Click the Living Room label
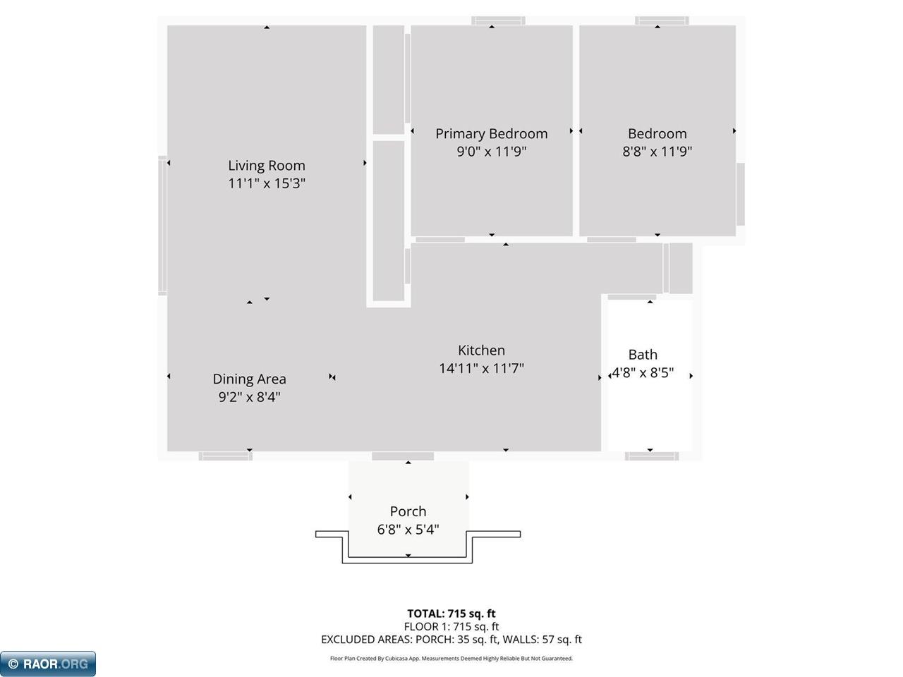click(x=266, y=166)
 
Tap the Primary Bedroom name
click(x=491, y=134)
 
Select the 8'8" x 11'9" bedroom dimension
click(x=657, y=152)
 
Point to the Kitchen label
click(x=481, y=350)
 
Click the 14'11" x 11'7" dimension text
click(x=481, y=368)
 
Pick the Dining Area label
click(x=249, y=379)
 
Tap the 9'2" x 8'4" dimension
click(x=249, y=397)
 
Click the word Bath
click(x=643, y=355)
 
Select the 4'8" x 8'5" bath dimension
click(x=643, y=373)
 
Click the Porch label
click(x=408, y=511)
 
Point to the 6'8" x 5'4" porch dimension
click(x=408, y=530)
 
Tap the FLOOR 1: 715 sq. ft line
click(x=451, y=626)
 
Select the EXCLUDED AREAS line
click(x=451, y=640)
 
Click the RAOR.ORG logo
click(x=48, y=664)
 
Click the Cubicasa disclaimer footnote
click(x=451, y=659)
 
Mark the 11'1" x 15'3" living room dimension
click(x=266, y=183)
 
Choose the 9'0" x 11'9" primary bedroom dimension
click(x=491, y=152)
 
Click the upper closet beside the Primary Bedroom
click(x=388, y=79)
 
